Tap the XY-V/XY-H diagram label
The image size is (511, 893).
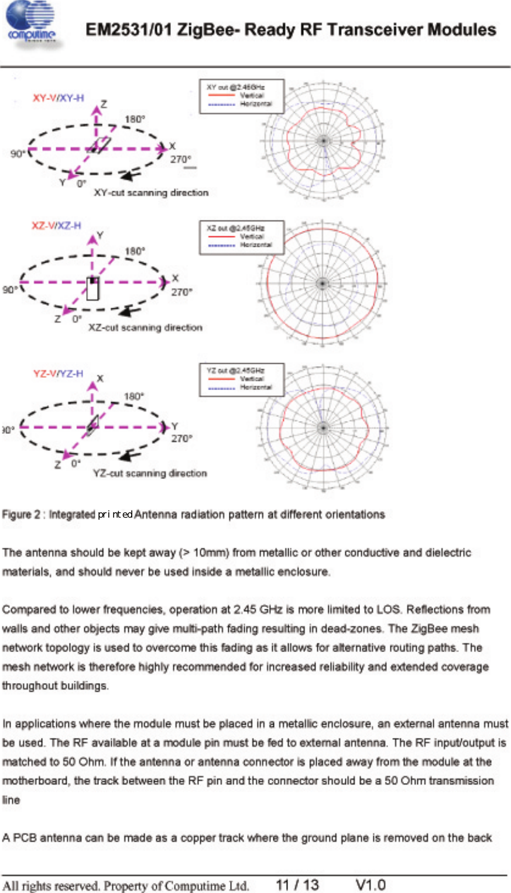pyautogui.click(x=58, y=98)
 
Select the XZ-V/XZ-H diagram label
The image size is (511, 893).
pyautogui.click(x=56, y=226)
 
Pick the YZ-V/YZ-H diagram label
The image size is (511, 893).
pyautogui.click(x=58, y=374)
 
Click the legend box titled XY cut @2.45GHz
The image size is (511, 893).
pyautogui.click(x=242, y=96)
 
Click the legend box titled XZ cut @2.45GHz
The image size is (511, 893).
pyautogui.click(x=242, y=237)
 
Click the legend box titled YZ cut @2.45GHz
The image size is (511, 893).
pyautogui.click(x=242, y=380)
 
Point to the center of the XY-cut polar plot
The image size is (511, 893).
pyautogui.click(x=323, y=140)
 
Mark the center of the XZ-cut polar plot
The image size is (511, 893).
pyautogui.click(x=321, y=284)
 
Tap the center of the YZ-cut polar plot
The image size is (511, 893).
pyautogui.click(x=321, y=427)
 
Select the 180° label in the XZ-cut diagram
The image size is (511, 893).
pyautogui.click(x=135, y=251)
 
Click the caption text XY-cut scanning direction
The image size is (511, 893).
pyautogui.click(x=151, y=192)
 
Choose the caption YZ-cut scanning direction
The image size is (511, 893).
pyautogui.click(x=150, y=473)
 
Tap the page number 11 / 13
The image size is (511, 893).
pyautogui.click(x=297, y=884)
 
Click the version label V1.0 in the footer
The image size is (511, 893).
pyautogui.click(x=371, y=884)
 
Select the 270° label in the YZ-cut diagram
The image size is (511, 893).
pyautogui.click(x=181, y=439)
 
